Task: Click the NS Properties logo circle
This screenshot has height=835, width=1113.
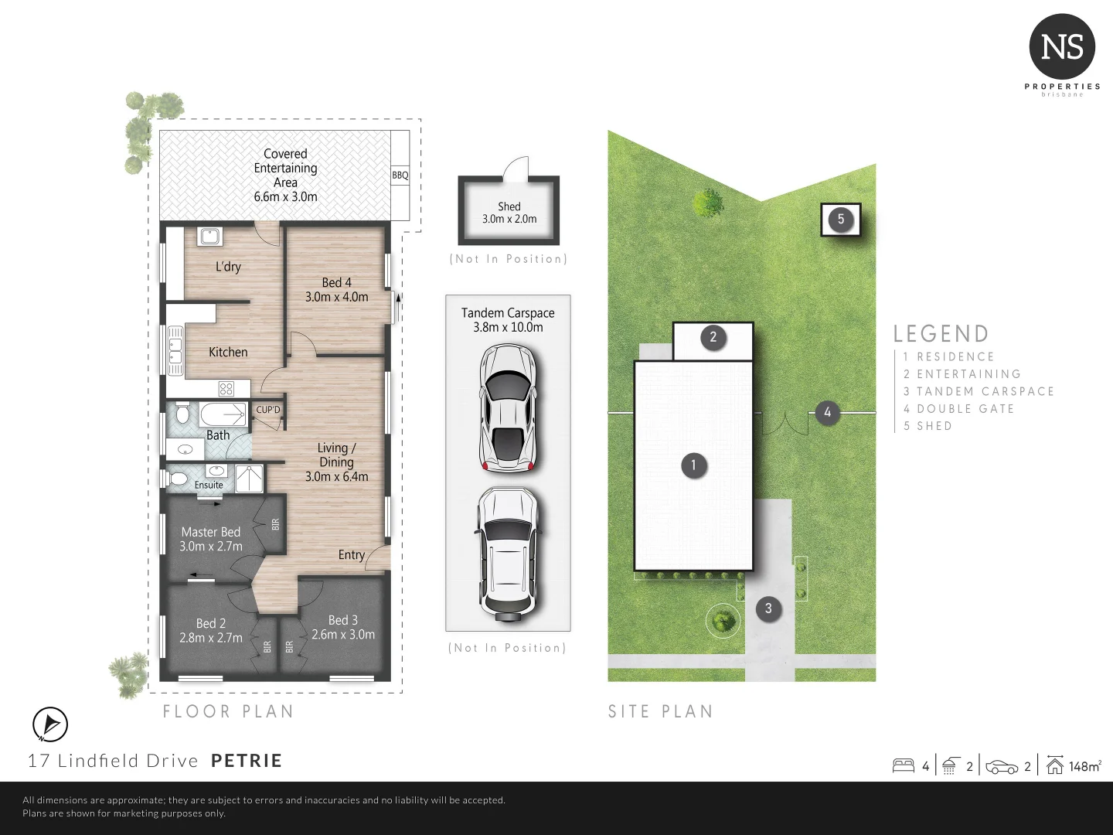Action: (1062, 47)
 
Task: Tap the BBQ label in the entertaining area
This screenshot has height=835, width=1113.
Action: (400, 176)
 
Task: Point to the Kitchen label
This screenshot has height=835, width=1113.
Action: (228, 352)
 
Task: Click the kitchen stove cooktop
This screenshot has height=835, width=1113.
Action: (226, 388)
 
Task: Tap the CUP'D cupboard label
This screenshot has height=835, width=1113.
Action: (268, 409)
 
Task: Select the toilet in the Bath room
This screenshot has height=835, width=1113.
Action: (182, 415)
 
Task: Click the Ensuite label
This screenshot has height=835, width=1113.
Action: (209, 485)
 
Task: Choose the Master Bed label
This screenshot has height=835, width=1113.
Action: (211, 532)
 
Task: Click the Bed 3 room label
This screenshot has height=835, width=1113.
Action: (343, 620)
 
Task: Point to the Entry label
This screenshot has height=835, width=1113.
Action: (351, 554)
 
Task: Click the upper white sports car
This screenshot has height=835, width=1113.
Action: (508, 407)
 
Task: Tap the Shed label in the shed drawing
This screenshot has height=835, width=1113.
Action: (509, 206)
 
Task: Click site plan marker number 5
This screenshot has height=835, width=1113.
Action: (841, 219)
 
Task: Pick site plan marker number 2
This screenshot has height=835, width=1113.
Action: (713, 336)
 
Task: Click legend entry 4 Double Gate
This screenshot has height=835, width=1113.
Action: (958, 408)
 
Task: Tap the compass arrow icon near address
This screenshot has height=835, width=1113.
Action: (50, 724)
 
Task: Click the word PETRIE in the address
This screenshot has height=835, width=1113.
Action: (247, 761)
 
